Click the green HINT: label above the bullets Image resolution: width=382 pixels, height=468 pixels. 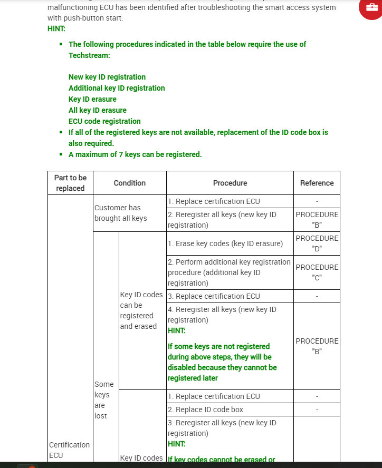[56, 28]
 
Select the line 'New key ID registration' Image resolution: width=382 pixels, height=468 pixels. [107, 77]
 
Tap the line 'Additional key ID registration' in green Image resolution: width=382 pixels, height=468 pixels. [117, 88]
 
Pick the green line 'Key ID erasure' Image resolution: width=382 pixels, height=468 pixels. [92, 99]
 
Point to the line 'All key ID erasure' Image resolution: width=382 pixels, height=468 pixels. [98, 110]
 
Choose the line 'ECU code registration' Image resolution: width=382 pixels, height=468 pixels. [104, 121]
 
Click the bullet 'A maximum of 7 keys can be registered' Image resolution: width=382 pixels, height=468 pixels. [135, 154]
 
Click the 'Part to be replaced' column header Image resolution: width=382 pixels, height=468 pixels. [70, 183]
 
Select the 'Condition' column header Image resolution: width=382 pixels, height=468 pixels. [130, 183]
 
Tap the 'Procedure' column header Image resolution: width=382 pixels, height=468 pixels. [230, 183]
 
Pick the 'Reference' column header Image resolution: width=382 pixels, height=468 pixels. [317, 183]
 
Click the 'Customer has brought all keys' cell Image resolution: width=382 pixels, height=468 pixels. [121, 213]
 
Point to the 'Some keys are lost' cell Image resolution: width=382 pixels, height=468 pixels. [104, 400]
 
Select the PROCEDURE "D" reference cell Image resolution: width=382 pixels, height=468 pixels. [317, 243]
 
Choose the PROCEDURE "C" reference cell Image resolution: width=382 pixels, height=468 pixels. [317, 272]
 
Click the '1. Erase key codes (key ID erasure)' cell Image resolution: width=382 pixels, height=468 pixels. [225, 243]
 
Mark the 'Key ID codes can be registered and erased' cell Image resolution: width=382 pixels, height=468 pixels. [138, 310]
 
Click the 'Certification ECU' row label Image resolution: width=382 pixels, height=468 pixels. [70, 450]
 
